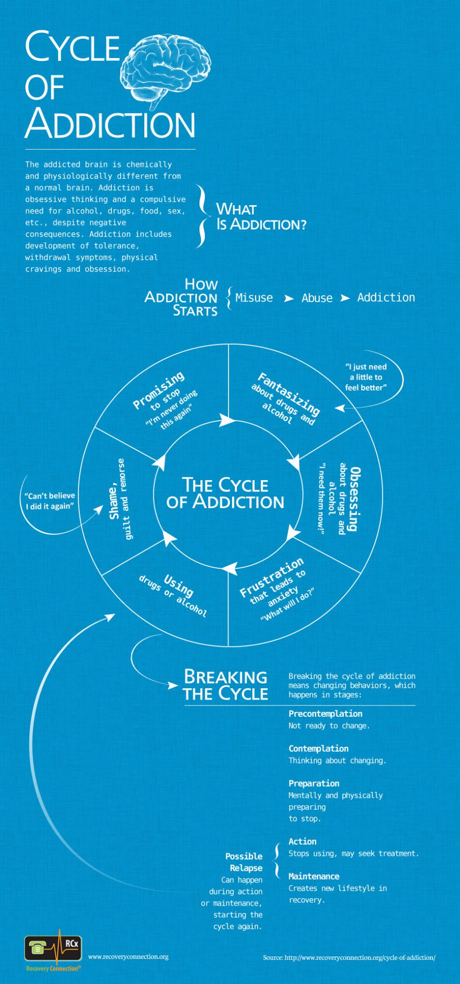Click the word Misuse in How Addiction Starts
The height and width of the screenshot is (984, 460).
pyautogui.click(x=254, y=298)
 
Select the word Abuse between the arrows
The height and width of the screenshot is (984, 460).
pyautogui.click(x=317, y=298)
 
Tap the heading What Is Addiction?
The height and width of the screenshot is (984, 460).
pyautogui.click(x=261, y=216)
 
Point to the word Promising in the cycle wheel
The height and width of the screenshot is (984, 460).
pyautogui.click(x=159, y=390)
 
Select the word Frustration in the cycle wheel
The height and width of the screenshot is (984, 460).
pyautogui.click(x=272, y=577)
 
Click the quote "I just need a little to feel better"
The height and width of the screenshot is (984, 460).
pyautogui.click(x=365, y=377)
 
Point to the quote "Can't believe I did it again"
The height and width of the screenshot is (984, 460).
pyautogui.click(x=50, y=501)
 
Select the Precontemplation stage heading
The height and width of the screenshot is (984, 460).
pyautogui.click(x=325, y=714)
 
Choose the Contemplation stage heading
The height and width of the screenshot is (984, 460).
pyautogui.click(x=318, y=749)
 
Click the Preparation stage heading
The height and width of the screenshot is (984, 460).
pyautogui.click(x=314, y=783)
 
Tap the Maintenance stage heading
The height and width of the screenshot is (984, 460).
pyautogui.click(x=314, y=876)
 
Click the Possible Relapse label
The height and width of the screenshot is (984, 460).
pyautogui.click(x=244, y=862)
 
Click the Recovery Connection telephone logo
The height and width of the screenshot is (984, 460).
pyautogui.click(x=53, y=949)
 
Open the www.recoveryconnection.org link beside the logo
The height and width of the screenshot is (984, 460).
pyautogui.click(x=128, y=956)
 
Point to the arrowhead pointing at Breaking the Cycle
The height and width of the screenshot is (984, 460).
pyautogui.click(x=172, y=685)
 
